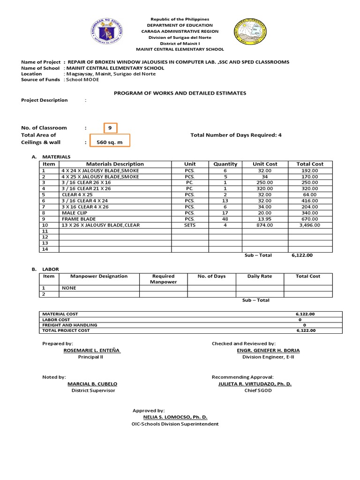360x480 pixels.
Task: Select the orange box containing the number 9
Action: (110, 127)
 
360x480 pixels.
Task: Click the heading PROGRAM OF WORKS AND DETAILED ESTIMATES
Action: (180, 93)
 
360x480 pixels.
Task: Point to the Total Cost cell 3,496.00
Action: (310, 225)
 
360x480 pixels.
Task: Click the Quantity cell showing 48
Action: (225, 219)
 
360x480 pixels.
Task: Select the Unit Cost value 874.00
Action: (265, 225)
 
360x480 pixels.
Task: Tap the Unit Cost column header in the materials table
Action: (265, 164)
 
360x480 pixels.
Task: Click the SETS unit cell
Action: (190, 225)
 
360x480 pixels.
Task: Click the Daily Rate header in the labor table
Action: (260, 277)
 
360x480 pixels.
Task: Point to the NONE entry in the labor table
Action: (68, 288)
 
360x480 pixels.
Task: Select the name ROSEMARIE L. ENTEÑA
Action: (92, 350)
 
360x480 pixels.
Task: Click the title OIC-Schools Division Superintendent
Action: (175, 424)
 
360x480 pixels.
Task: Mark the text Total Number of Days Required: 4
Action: (236, 135)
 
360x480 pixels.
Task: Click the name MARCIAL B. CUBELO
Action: (92, 383)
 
